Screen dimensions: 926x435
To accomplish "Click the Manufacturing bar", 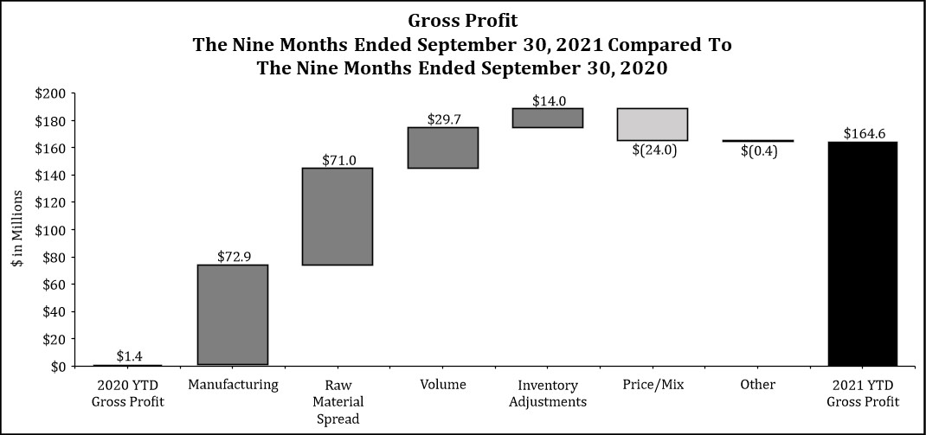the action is tap(233, 315).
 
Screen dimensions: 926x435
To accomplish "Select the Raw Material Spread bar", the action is tap(338, 216).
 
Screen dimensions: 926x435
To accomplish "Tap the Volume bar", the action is tap(443, 148).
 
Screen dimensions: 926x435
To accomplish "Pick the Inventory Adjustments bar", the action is tap(548, 118).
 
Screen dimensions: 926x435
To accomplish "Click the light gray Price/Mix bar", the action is tap(653, 124).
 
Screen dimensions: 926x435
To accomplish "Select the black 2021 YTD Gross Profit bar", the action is tap(863, 253).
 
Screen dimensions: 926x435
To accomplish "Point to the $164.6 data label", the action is tap(863, 134).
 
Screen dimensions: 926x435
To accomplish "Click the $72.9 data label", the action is tap(233, 257).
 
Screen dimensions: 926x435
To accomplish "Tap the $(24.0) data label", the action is tap(653, 150).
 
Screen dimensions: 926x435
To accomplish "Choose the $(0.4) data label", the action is tap(759, 151).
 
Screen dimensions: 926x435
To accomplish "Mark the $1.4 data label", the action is tap(129, 356).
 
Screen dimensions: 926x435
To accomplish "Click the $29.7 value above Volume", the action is tap(443, 119).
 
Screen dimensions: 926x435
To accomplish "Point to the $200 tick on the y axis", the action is tap(52, 94).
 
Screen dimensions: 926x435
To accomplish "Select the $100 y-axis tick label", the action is tap(52, 229).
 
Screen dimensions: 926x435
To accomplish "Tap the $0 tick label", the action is tap(58, 367).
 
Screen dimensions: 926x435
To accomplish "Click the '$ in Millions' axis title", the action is tap(17, 229).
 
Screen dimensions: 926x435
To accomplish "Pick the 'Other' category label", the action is tap(758, 385).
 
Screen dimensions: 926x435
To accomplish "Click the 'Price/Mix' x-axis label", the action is tap(653, 386).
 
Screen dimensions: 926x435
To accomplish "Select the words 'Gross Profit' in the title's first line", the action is tap(463, 22).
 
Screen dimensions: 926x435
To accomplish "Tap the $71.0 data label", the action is tap(339, 160).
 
